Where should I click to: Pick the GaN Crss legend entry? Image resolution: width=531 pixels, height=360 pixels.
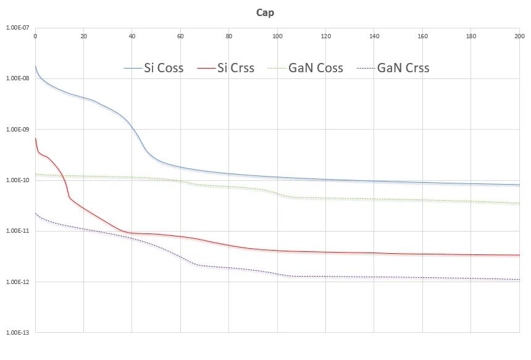[403, 68]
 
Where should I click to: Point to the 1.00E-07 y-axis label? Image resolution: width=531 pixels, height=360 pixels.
[15, 28]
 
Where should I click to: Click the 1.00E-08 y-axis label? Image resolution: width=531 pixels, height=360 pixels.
[15, 78]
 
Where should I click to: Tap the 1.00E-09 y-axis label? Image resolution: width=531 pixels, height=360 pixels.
[15, 130]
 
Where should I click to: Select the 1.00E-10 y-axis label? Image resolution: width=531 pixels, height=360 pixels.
[15, 180]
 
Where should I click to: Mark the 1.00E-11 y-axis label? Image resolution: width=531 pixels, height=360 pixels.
[15, 231]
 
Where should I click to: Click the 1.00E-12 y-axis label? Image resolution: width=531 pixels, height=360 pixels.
[15, 282]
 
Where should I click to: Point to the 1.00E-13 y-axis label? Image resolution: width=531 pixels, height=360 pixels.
[15, 333]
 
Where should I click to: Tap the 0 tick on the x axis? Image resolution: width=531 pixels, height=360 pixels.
[35, 36]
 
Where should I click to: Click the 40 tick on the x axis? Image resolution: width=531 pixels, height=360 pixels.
[132, 36]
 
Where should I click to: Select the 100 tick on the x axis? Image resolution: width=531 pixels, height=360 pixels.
[277, 36]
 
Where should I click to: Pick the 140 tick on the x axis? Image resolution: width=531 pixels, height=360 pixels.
[374, 36]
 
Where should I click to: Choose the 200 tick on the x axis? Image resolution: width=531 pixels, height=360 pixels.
[519, 36]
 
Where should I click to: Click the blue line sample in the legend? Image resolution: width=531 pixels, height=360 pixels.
[132, 68]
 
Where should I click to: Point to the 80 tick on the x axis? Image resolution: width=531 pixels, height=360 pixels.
[229, 36]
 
